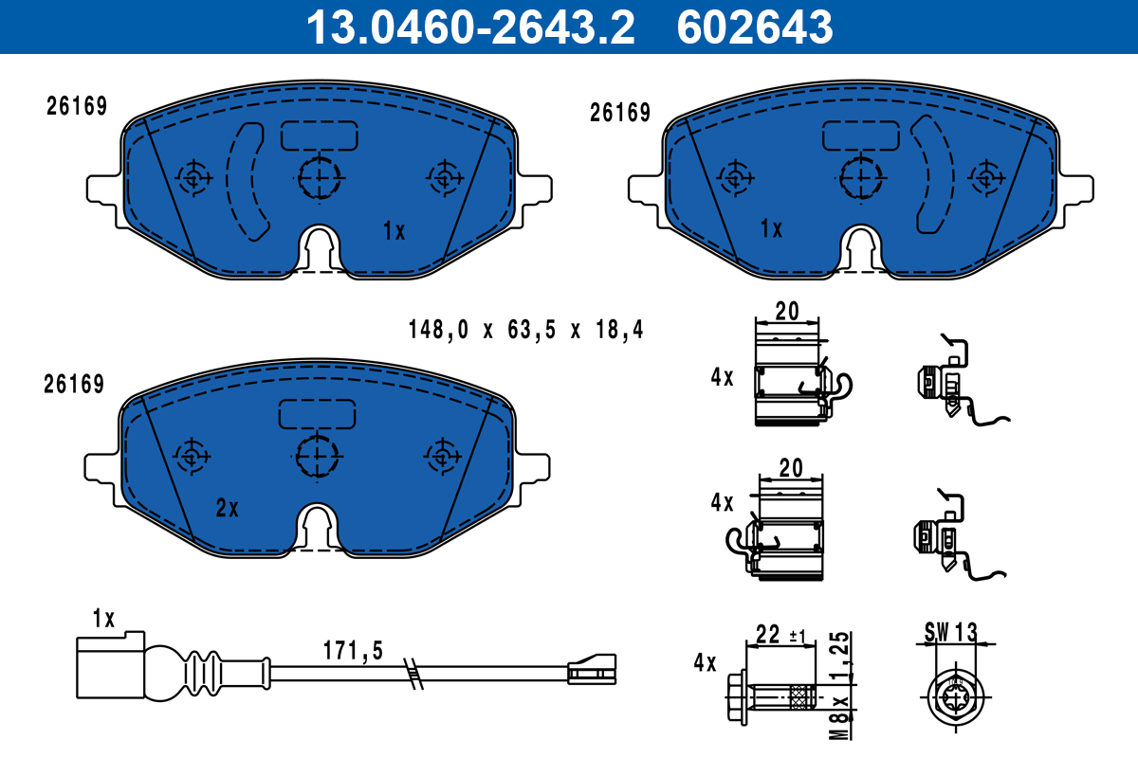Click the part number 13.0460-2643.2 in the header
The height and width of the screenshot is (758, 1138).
[x=468, y=27]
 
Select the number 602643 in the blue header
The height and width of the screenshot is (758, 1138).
[x=754, y=27]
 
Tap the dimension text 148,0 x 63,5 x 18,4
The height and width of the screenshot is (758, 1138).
[x=525, y=331]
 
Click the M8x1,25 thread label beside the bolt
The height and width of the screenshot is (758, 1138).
[x=838, y=677]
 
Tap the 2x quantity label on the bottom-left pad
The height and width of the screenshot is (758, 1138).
[x=227, y=509]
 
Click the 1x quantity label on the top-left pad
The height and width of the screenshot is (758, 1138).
[x=394, y=230]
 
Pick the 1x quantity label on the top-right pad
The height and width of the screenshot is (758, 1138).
[x=771, y=229]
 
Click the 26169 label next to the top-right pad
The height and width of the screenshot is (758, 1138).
[x=619, y=113]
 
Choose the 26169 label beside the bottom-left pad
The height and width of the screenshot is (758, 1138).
[x=74, y=384]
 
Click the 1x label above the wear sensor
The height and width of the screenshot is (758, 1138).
[x=103, y=620]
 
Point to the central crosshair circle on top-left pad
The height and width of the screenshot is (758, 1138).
[x=320, y=176]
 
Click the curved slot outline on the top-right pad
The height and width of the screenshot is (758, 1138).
[x=934, y=175]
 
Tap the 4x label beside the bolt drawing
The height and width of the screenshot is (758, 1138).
[x=705, y=662]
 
